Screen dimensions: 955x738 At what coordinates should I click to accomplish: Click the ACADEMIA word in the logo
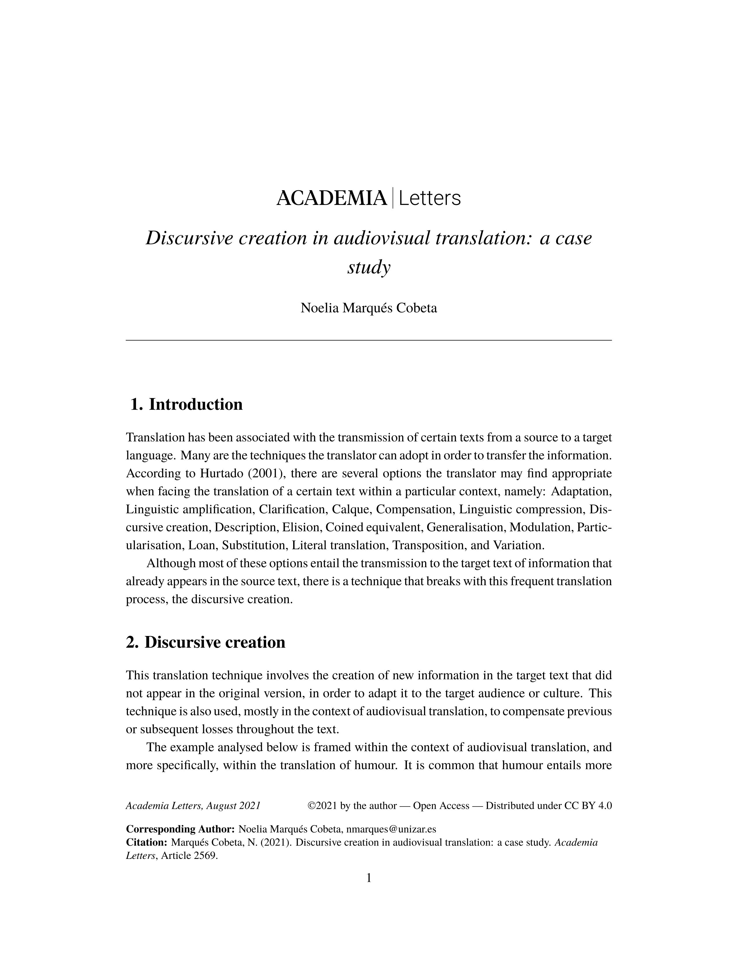331,199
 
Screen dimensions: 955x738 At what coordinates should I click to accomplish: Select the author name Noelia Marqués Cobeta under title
368,308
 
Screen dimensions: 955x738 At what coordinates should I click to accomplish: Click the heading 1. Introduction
187,404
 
